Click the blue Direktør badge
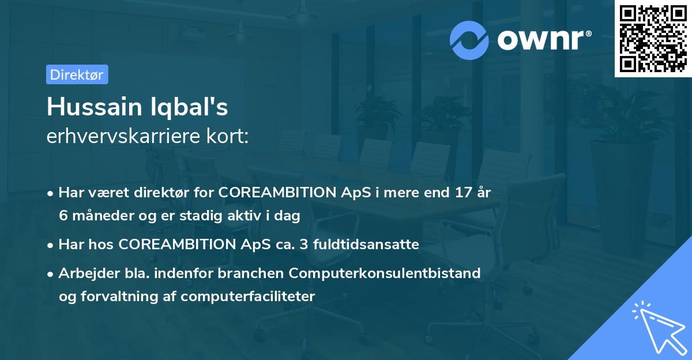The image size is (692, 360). (x=77, y=74)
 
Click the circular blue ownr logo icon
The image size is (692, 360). (x=469, y=40)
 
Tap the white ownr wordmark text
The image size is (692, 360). (x=541, y=40)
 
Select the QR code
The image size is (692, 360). (x=653, y=38)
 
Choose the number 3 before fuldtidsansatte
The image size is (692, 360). (x=304, y=244)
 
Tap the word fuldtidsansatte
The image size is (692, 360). (x=366, y=244)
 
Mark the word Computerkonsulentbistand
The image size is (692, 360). (x=385, y=273)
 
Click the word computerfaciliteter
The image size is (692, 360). (x=248, y=297)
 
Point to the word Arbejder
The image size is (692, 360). (x=89, y=273)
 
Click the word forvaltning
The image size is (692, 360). (x=119, y=297)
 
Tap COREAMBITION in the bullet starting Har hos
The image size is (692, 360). (x=178, y=244)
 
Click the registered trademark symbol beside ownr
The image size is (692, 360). (x=588, y=33)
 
